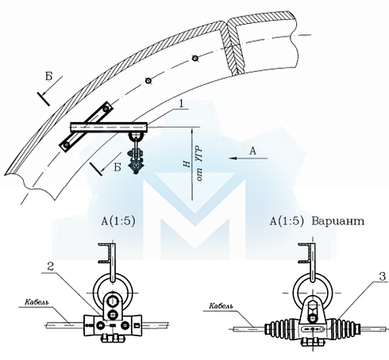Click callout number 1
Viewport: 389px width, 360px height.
[181, 103]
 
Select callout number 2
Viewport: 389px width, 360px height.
[51, 266]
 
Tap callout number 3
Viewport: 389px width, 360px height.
[382, 276]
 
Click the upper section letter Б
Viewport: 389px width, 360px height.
[49, 77]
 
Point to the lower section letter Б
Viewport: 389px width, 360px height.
[117, 167]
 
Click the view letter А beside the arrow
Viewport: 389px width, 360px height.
[253, 151]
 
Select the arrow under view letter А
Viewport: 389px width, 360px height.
[248, 159]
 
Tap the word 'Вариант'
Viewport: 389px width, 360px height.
[337, 221]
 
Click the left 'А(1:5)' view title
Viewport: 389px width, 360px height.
[118, 221]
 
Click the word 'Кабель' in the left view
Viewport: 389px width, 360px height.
[37, 302]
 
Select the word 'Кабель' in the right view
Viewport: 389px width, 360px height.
[221, 306]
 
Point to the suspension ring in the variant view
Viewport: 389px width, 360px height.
[295, 290]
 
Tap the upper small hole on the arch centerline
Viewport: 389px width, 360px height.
[195, 59]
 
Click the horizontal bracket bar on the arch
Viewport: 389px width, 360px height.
[109, 127]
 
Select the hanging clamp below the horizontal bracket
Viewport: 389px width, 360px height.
[136, 153]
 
